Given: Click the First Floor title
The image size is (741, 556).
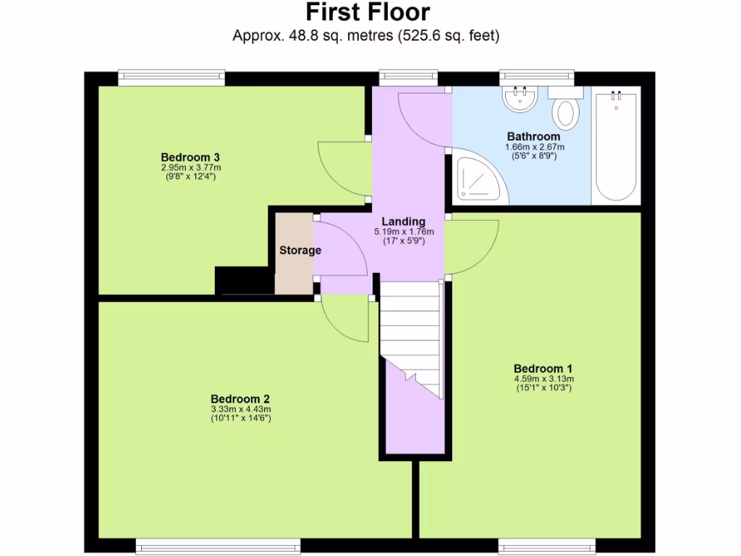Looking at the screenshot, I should click(367, 12).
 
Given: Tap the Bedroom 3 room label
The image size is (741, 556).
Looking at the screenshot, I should click(190, 157).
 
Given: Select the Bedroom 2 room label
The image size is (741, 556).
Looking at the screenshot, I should click(240, 399).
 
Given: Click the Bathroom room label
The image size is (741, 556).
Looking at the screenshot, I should click(533, 136).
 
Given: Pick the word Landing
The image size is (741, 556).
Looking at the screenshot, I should click(403, 222).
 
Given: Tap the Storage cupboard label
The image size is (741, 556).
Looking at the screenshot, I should click(300, 250).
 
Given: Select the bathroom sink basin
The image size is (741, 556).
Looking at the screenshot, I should click(520, 99).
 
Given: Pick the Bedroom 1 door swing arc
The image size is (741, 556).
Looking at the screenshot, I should click(470, 246).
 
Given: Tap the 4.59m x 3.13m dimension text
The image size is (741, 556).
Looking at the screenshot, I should click(543, 378).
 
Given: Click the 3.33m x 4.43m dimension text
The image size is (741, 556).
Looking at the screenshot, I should click(240, 409).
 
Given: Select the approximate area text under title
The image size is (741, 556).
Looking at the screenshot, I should click(366, 35).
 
